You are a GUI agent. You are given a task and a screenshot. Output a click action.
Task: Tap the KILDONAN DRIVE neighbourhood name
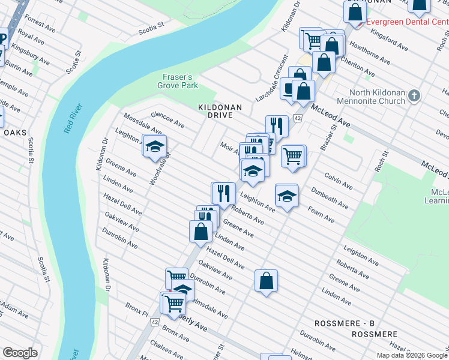point(220,111)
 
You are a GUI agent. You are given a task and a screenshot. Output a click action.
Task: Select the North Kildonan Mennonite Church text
point(381,97)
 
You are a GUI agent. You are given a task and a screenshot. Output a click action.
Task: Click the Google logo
point(20,353)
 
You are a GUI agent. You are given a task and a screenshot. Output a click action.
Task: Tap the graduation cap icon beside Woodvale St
point(155,146)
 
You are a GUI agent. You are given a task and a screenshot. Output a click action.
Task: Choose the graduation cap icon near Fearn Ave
point(287,196)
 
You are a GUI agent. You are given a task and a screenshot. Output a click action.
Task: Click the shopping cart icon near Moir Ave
point(293,155)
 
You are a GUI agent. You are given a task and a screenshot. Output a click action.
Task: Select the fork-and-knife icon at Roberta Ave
point(223,193)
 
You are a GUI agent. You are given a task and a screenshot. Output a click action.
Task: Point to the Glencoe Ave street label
point(167,119)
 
